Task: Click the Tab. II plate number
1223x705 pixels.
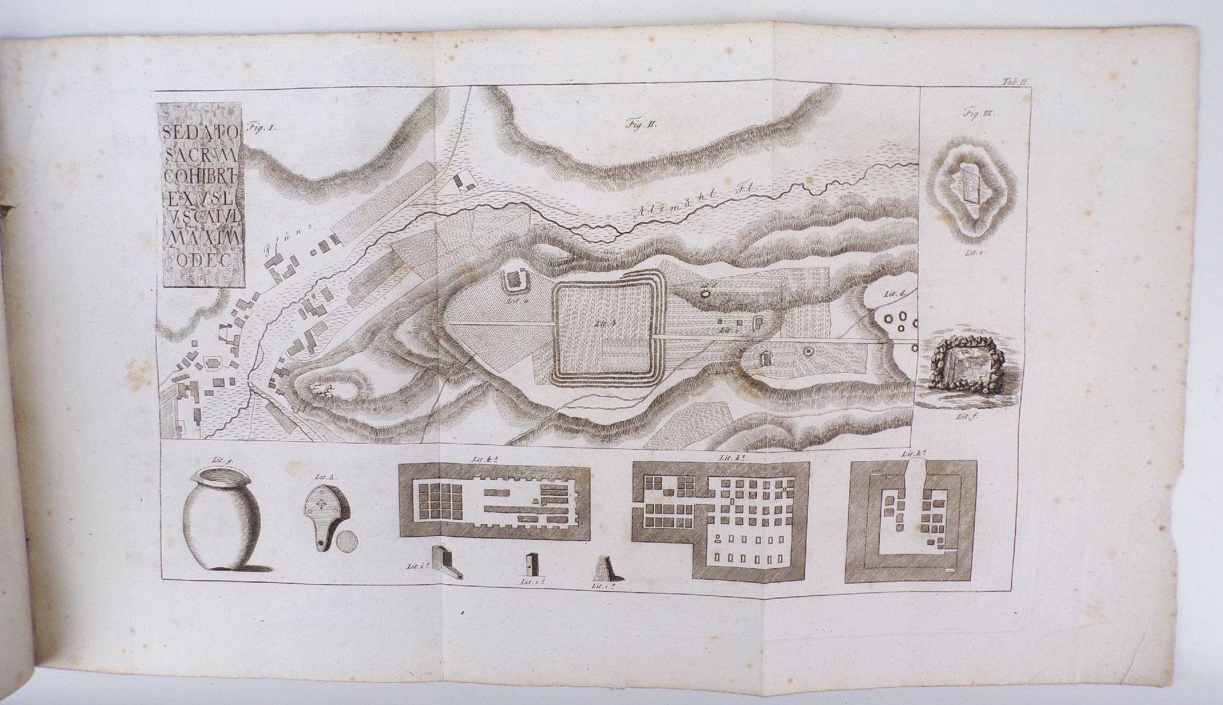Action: (1018, 82)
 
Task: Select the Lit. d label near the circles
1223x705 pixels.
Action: (893, 294)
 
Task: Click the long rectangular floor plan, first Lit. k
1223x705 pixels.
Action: (495, 502)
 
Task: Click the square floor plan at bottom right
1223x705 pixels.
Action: (911, 521)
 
